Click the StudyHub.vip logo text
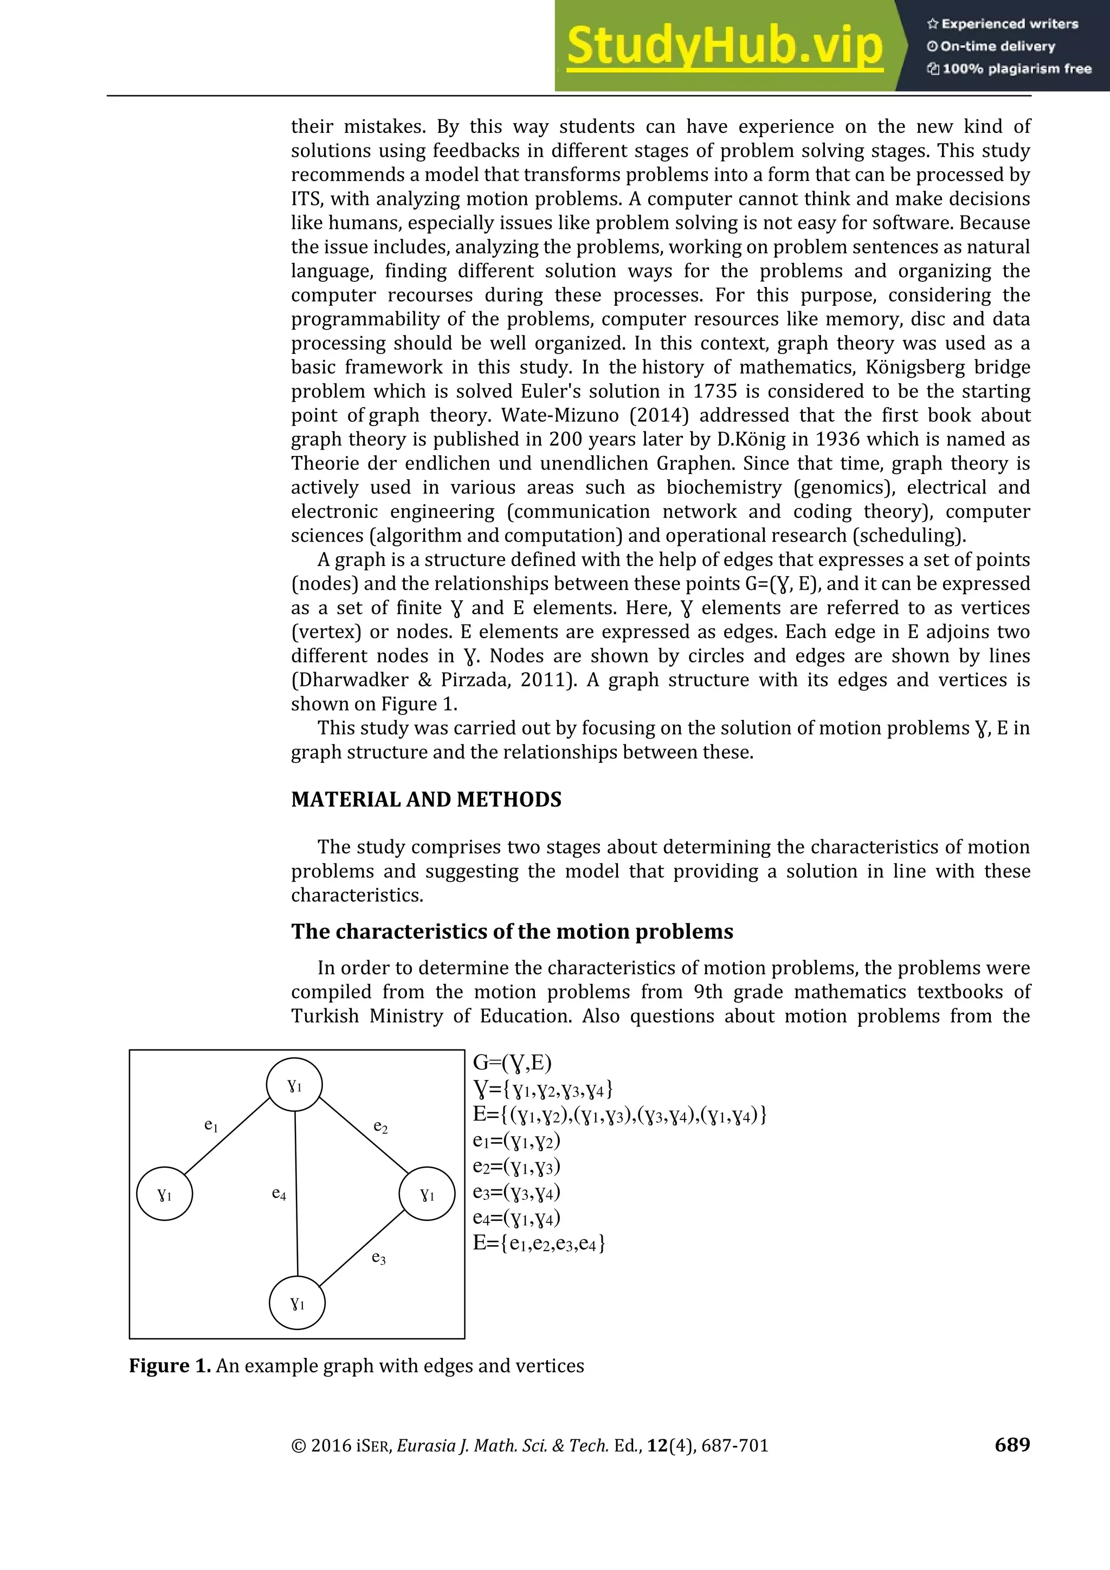(x=725, y=46)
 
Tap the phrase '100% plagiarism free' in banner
(x=1016, y=69)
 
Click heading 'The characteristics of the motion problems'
(x=512, y=931)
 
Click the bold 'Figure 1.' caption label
(x=170, y=1366)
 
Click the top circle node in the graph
(x=295, y=1085)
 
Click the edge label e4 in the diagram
(x=279, y=1194)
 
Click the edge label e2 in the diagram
(x=380, y=1127)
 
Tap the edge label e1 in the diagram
(x=211, y=1125)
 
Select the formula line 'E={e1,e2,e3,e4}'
(x=539, y=1243)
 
